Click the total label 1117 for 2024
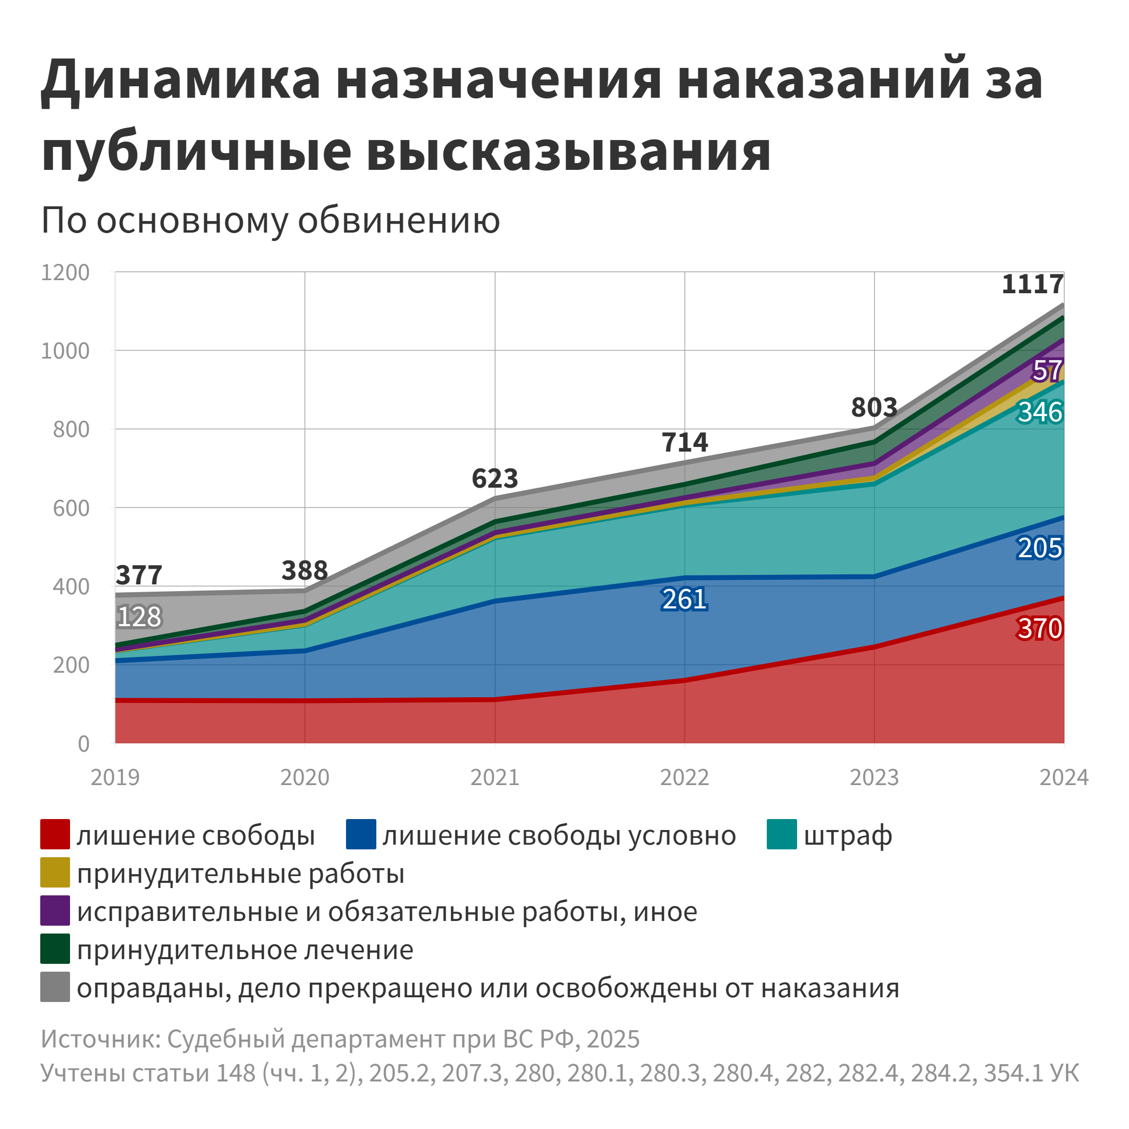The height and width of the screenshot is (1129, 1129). [x=1032, y=284]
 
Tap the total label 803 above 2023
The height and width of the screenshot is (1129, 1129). [x=873, y=407]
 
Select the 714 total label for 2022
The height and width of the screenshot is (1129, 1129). [x=684, y=442]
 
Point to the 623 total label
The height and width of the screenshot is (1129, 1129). [x=494, y=479]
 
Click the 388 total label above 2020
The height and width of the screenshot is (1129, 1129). [x=304, y=570]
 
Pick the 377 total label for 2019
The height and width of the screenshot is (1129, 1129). [x=139, y=575]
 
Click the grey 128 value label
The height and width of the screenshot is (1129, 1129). [x=139, y=617]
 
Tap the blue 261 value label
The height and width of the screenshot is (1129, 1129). [x=684, y=600]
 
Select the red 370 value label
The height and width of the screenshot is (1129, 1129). [x=1040, y=629]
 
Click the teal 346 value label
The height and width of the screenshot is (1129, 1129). [x=1040, y=412]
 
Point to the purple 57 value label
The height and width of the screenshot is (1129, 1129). [x=1046, y=371]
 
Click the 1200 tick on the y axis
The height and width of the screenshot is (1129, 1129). [x=65, y=272]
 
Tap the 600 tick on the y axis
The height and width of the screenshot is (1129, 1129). [x=71, y=508]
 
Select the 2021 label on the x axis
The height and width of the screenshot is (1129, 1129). [x=494, y=777]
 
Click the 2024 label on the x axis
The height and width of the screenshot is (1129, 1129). [x=1064, y=777]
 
